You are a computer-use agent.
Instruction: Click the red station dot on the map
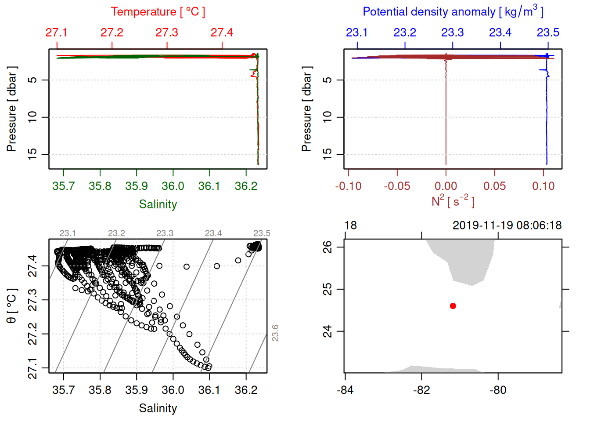pyautogui.click(x=453, y=306)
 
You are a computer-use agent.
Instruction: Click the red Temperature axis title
pyautogui.click(x=158, y=12)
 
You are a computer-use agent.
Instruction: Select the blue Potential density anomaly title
pyautogui.click(x=453, y=11)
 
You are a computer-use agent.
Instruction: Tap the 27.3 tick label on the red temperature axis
pyautogui.click(x=167, y=33)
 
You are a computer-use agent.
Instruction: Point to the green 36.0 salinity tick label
pyautogui.click(x=173, y=186)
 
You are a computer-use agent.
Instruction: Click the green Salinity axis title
pyautogui.click(x=158, y=204)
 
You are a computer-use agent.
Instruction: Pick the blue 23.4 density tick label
pyautogui.click(x=500, y=33)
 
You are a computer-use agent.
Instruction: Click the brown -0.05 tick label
pyautogui.click(x=397, y=186)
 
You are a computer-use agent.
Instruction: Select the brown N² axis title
pyautogui.click(x=453, y=201)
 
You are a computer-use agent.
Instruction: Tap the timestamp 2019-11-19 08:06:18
pyautogui.click(x=507, y=226)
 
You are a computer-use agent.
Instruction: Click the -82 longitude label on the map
pyautogui.click(x=422, y=390)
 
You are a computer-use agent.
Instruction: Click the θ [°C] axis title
pyautogui.click(x=12, y=306)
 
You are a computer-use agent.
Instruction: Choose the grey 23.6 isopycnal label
pyautogui.click(x=275, y=333)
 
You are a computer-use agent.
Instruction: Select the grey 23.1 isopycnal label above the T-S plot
pyautogui.click(x=68, y=233)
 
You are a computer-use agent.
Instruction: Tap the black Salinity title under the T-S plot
pyautogui.click(x=158, y=408)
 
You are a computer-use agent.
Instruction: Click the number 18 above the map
pyautogui.click(x=350, y=226)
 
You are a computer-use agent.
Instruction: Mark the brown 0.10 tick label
pyautogui.click(x=543, y=186)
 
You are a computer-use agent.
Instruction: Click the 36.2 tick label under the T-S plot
pyautogui.click(x=246, y=390)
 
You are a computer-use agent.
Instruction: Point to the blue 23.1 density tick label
pyautogui.click(x=357, y=33)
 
